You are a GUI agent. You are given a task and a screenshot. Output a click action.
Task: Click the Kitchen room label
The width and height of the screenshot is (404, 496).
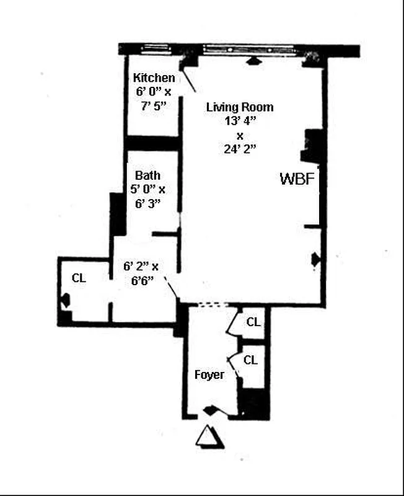click(154, 78)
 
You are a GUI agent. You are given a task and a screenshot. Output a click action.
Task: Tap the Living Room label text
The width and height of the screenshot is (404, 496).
click(240, 107)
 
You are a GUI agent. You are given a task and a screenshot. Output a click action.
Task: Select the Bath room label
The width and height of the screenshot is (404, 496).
click(147, 175)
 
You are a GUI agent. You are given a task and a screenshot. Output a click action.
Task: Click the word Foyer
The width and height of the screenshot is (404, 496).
click(209, 375)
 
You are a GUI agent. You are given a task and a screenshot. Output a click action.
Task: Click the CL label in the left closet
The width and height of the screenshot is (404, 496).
click(78, 278)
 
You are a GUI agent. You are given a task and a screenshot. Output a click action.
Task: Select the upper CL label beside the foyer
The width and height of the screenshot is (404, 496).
click(253, 322)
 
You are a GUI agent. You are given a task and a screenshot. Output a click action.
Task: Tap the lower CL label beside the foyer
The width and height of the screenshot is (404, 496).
click(250, 360)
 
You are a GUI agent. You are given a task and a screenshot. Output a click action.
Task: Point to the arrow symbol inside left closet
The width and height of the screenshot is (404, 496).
click(64, 303)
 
